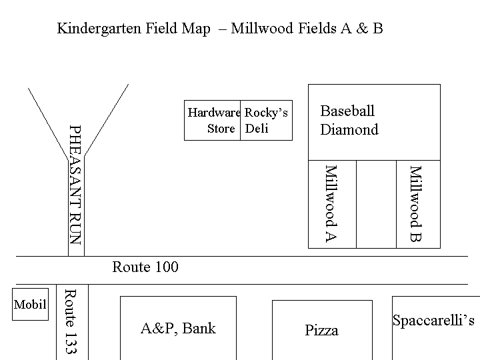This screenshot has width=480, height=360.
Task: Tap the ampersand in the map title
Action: tap(362, 28)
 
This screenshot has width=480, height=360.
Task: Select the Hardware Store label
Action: tap(214, 120)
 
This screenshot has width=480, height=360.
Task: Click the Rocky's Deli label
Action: tap(266, 120)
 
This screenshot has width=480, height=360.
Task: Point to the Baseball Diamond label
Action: tap(349, 120)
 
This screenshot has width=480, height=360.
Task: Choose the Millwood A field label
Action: tap(331, 204)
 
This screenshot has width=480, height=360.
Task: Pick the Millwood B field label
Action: tap(416, 204)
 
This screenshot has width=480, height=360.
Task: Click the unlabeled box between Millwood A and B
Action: tap(376, 204)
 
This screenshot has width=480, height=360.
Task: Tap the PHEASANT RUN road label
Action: tap(75, 185)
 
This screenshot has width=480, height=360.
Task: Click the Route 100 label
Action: tap(145, 267)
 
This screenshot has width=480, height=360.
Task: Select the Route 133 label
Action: tap(71, 321)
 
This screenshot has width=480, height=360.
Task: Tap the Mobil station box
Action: tap(30, 304)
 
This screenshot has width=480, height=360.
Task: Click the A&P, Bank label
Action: tap(178, 329)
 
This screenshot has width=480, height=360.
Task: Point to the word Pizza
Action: tap(322, 330)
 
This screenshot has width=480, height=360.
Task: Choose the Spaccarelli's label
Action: tap(433, 321)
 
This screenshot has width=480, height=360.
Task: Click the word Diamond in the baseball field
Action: tap(349, 129)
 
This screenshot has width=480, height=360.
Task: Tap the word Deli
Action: tap(257, 128)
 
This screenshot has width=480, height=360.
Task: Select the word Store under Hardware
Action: tap(221, 129)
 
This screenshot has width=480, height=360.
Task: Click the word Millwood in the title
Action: tap(263, 28)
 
